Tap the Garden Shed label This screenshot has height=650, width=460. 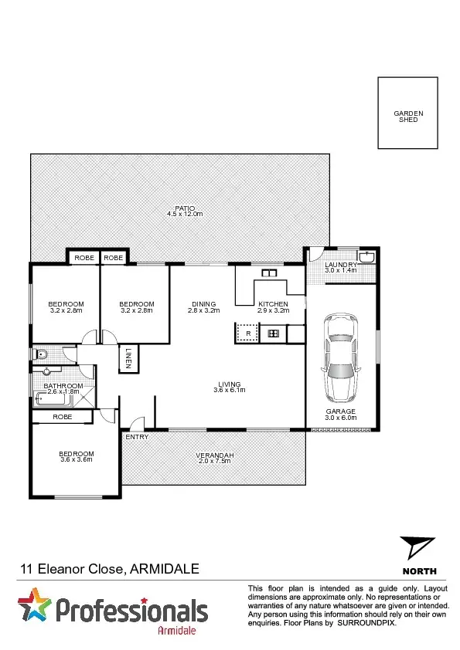[408, 117]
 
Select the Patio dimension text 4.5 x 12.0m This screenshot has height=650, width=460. [184, 214]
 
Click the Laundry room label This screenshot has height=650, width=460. [340, 264]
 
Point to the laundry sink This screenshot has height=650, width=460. [366, 257]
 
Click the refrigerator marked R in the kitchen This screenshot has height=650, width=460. [247, 333]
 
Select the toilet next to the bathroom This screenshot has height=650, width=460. [41, 354]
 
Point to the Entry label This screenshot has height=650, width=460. [137, 438]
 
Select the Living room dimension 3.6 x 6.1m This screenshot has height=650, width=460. [229, 391]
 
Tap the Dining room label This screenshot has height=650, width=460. [204, 304]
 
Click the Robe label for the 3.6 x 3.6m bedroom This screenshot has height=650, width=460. [63, 417]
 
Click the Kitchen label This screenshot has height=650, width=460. [273, 304]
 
